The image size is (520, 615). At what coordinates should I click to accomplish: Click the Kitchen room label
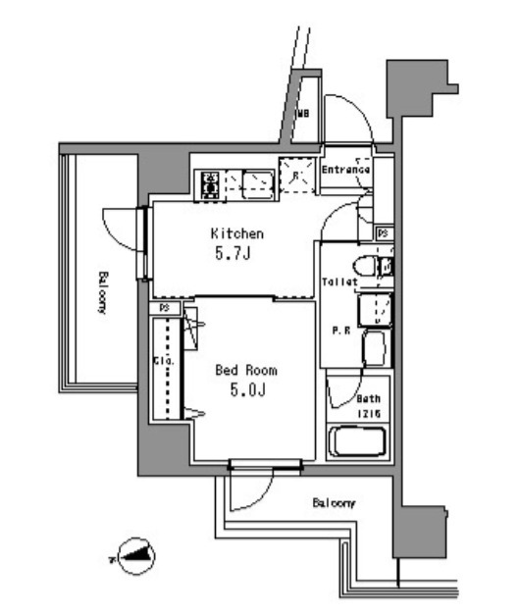click(236, 234)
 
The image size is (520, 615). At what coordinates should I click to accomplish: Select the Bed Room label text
click(245, 371)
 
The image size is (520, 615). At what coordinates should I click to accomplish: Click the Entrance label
click(346, 170)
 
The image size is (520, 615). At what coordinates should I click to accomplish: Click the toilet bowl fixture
click(364, 266)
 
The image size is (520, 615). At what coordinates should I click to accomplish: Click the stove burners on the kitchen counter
click(210, 183)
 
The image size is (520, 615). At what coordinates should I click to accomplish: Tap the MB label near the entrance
click(304, 114)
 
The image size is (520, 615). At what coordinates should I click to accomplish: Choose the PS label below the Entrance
click(384, 233)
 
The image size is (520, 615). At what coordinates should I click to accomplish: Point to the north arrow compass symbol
click(135, 557)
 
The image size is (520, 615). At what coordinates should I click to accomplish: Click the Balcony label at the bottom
click(334, 503)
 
